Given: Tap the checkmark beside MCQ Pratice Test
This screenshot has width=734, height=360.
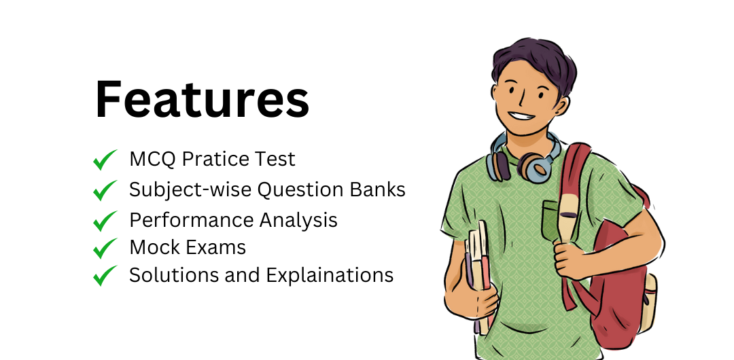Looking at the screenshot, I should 105,160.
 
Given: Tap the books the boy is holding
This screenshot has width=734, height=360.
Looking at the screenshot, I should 480,272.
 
